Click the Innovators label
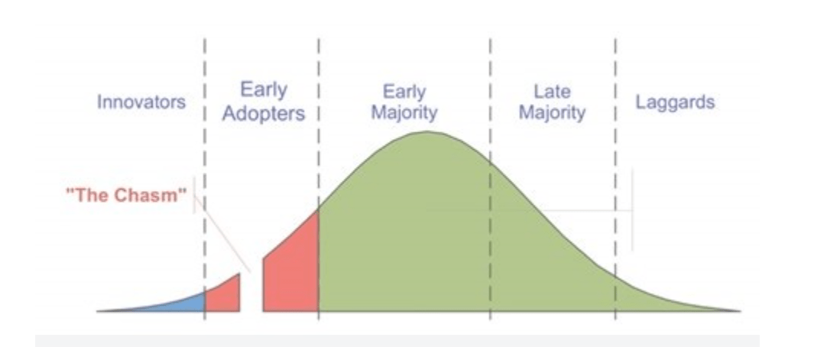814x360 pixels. (x=141, y=102)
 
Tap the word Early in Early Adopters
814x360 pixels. (x=263, y=90)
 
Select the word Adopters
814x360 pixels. (x=263, y=114)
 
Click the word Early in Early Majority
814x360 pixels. (x=404, y=92)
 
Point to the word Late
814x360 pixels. (x=552, y=92)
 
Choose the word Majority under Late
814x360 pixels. (x=552, y=112)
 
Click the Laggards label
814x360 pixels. (x=676, y=102)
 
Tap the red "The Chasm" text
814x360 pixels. (x=126, y=195)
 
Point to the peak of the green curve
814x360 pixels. (x=426, y=131)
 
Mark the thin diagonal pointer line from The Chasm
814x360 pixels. (x=222, y=234)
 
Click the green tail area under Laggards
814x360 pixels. (x=654, y=300)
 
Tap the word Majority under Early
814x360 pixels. (x=404, y=113)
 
